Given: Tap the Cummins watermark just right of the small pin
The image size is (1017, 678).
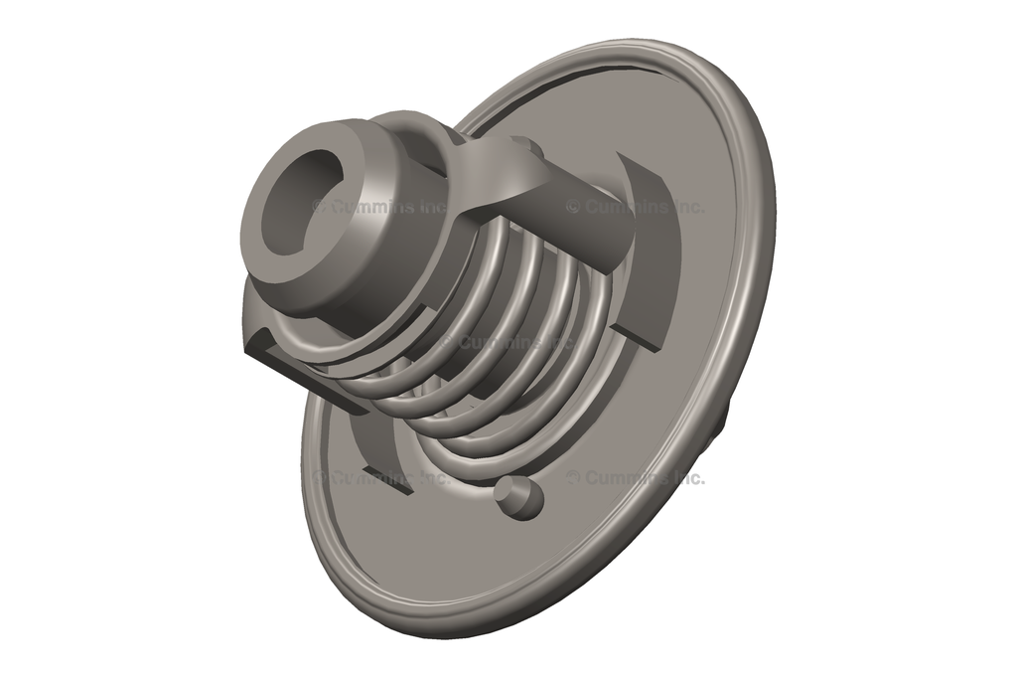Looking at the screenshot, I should pyautogui.click(x=636, y=478).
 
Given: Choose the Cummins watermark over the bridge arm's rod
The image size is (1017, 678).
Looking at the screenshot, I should pyautogui.click(x=636, y=207).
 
